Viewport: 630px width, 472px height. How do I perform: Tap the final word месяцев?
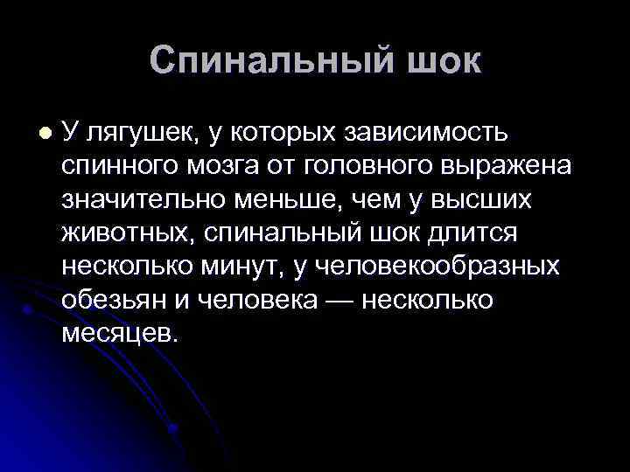(119, 334)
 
